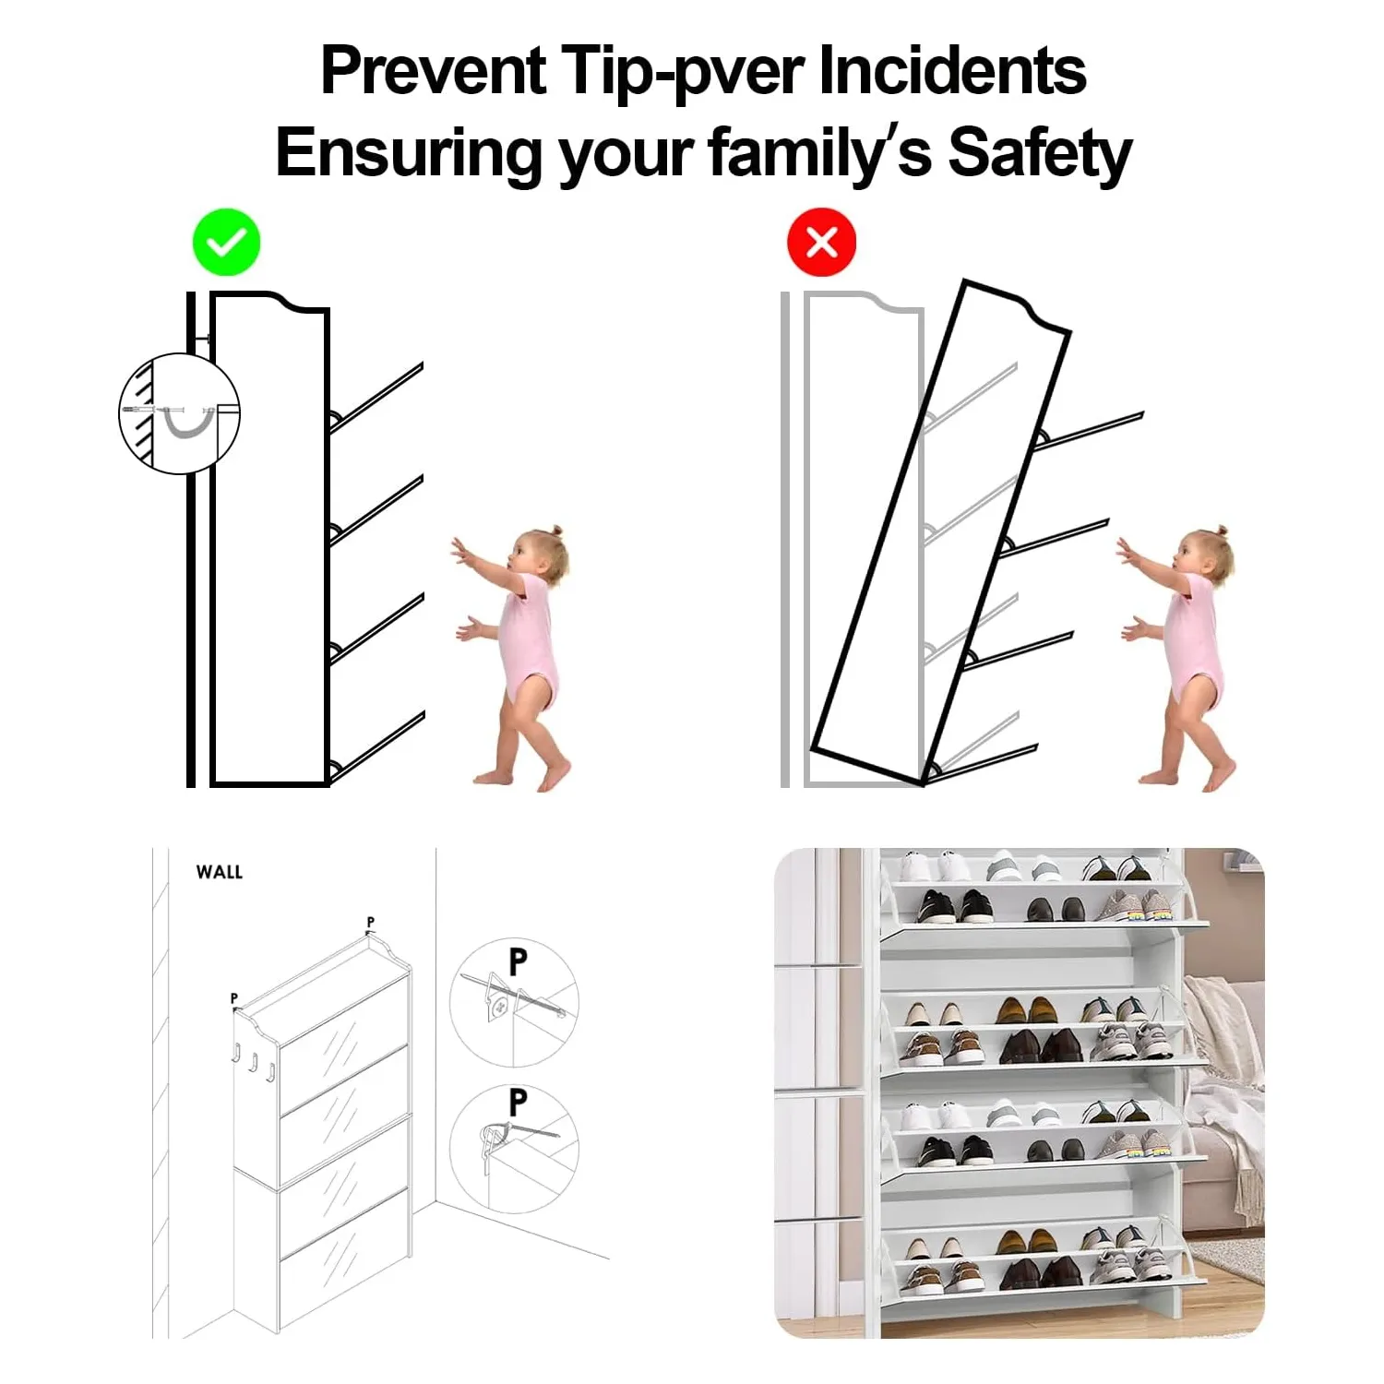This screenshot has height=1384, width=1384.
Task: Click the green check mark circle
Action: pyautogui.click(x=226, y=243)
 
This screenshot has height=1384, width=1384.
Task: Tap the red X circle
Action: pyautogui.click(x=821, y=243)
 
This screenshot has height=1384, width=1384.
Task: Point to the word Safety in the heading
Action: pyautogui.click(x=1040, y=153)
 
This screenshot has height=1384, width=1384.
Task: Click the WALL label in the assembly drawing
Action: pyautogui.click(x=220, y=872)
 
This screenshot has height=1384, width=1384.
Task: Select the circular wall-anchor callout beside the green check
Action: pyautogui.click(x=179, y=413)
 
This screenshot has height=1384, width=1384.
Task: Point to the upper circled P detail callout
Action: pyautogui.click(x=514, y=1003)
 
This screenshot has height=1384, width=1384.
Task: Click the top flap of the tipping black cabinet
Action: pyautogui.click(x=1089, y=429)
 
